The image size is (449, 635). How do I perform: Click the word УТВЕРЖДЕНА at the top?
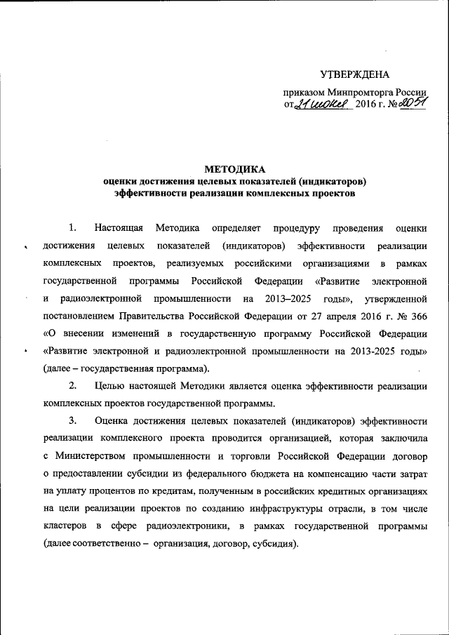[x=354, y=74]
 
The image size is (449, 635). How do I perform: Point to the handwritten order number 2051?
[x=412, y=104]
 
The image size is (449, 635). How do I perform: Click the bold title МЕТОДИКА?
[x=234, y=169]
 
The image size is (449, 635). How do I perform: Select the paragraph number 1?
[x=72, y=227]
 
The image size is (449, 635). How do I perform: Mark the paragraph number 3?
[x=72, y=421]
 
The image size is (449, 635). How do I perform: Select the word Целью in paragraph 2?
[x=108, y=386]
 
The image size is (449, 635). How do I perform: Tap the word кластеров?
[x=67, y=526]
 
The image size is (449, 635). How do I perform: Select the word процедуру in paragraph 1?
[x=297, y=227]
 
